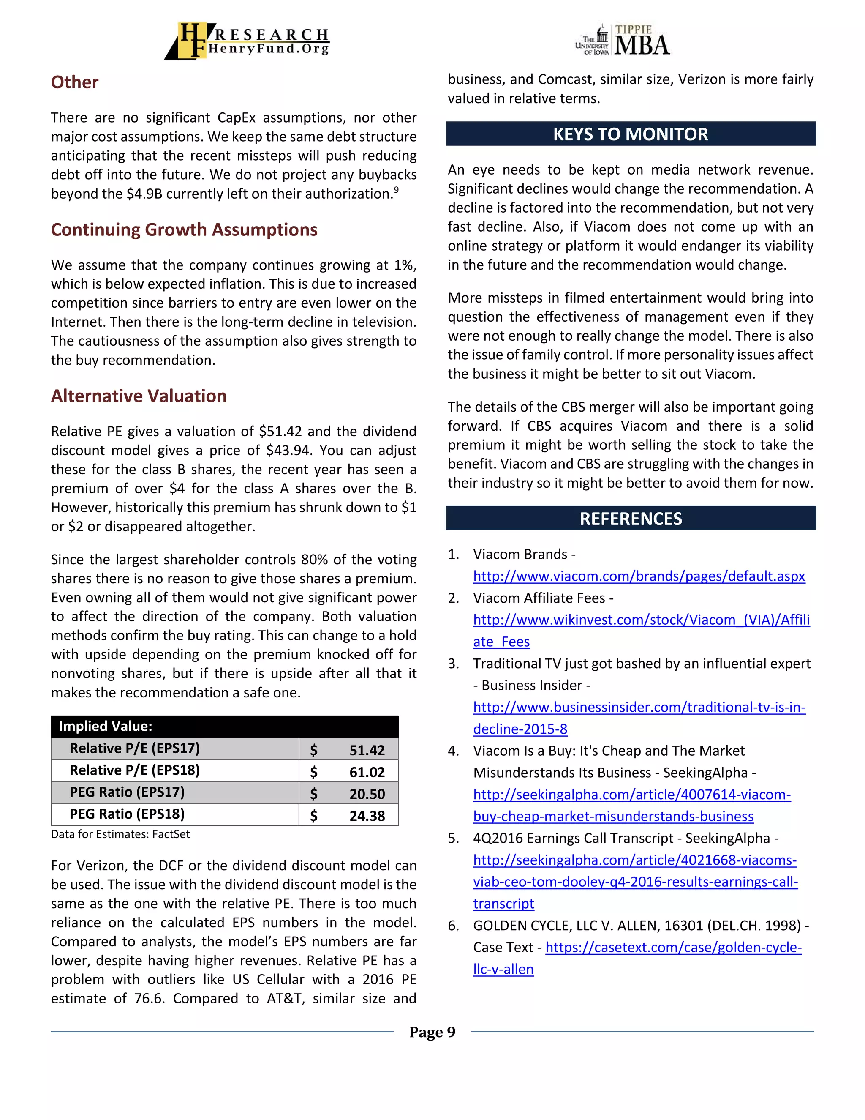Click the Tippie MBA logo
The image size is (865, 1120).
(x=623, y=40)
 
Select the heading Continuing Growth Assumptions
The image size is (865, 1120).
(x=184, y=230)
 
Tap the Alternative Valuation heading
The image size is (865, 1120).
(x=139, y=396)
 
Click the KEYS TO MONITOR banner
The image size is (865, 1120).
(x=630, y=134)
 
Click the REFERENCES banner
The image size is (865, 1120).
(x=630, y=519)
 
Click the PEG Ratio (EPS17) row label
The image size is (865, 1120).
(x=127, y=792)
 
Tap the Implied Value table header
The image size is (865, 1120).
(x=106, y=726)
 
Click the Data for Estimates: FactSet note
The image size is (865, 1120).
(x=120, y=834)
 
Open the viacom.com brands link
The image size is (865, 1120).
(x=639, y=576)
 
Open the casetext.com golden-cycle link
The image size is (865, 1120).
(x=673, y=948)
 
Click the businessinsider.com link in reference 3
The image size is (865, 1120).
(x=639, y=708)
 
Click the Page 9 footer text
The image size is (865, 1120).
(x=432, y=1032)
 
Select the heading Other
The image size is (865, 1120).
(x=74, y=82)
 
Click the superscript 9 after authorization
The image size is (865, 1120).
(x=396, y=189)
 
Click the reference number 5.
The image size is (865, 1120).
(x=453, y=839)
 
